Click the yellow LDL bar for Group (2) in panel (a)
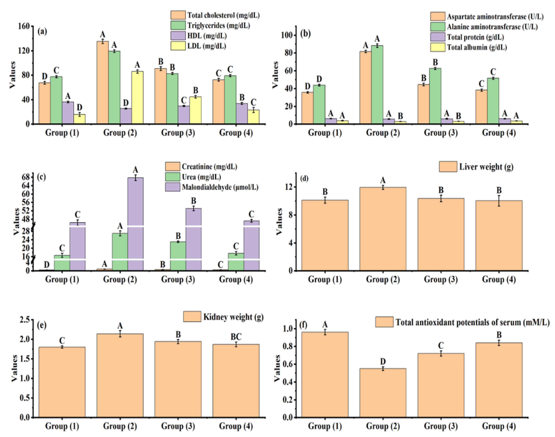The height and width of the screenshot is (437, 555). (x=137, y=98)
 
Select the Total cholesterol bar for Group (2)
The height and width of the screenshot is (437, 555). (x=102, y=83)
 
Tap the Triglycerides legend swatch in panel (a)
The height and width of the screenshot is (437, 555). (x=178, y=25)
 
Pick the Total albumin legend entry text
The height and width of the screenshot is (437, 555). (x=477, y=47)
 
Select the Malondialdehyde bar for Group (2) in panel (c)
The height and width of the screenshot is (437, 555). (x=135, y=224)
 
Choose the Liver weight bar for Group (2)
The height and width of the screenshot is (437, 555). (x=383, y=229)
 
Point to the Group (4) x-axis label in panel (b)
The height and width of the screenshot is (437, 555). (x=499, y=133)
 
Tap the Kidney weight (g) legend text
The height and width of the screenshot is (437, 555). (x=233, y=317)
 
